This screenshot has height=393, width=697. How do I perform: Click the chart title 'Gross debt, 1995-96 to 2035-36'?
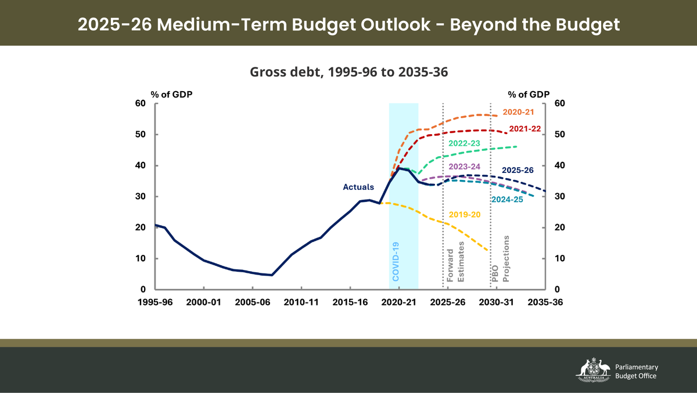[x=348, y=72]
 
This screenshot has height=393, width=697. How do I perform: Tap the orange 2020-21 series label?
[x=518, y=111]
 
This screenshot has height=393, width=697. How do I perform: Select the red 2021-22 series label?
[x=524, y=129]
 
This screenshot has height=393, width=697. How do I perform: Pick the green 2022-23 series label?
[x=464, y=143]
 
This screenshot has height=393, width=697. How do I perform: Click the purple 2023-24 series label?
[x=464, y=167]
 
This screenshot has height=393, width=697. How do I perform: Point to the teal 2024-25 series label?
[x=507, y=200]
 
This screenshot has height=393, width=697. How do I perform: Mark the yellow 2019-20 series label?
[x=465, y=214]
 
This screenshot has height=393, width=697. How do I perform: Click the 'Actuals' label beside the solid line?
[x=358, y=187]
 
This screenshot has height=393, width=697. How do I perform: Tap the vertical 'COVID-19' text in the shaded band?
[x=396, y=262]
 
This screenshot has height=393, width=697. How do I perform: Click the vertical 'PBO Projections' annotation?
[x=501, y=259]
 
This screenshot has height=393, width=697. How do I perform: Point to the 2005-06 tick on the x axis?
[x=252, y=302]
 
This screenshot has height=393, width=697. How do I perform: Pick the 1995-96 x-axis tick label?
[x=155, y=302]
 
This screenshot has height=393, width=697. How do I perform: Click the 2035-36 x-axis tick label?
[x=544, y=302]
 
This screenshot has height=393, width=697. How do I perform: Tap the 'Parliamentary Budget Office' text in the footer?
[x=637, y=372]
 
